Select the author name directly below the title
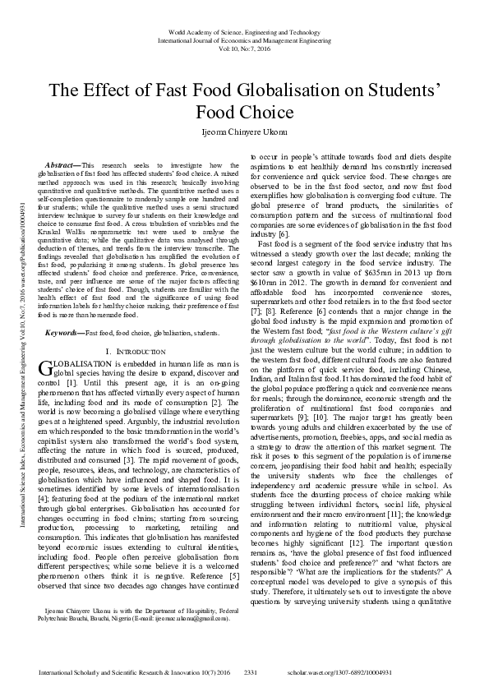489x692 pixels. click(244, 131)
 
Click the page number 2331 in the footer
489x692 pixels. click(251, 672)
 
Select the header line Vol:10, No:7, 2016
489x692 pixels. click(244, 48)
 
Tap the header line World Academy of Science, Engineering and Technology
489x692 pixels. click(244, 30)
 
